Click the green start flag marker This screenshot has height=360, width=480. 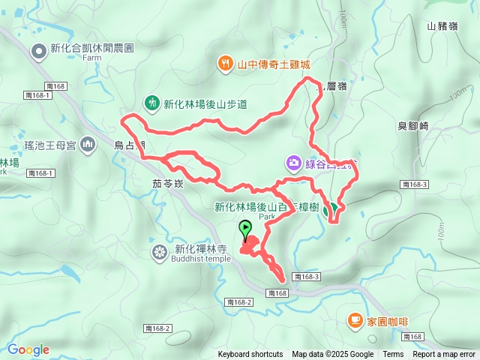245,228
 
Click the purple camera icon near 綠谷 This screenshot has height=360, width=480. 293,162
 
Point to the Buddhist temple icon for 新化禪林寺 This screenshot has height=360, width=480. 159,251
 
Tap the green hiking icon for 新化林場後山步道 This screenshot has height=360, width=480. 151,103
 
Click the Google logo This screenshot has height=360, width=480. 28,349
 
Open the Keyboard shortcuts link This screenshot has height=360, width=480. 250,355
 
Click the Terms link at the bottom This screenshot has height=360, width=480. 393,355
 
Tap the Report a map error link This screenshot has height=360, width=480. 444,355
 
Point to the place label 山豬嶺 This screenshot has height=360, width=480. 442,26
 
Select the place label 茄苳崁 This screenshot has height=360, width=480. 167,182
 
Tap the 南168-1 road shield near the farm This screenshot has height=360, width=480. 37,95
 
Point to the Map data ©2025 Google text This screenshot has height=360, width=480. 333,355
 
